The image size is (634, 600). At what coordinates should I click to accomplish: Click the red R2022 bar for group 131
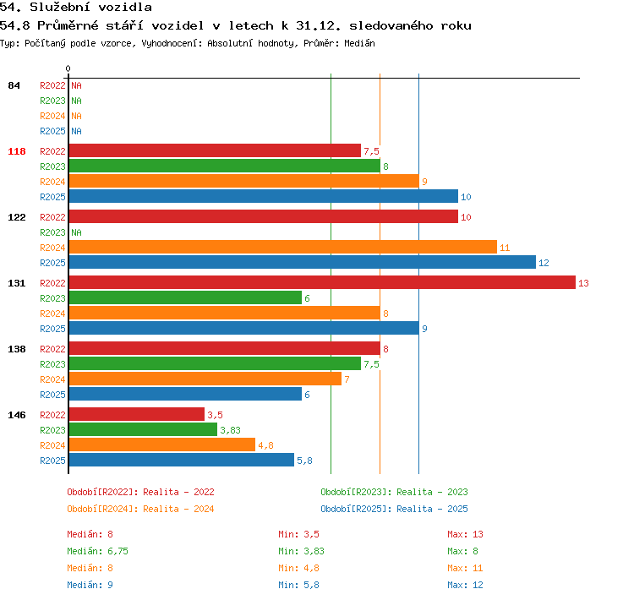tap(322, 282)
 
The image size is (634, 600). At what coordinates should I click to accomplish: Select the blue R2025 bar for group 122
tap(303, 262)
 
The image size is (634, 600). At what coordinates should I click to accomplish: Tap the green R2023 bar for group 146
tap(143, 429)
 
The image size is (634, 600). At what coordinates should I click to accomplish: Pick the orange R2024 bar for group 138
tap(205, 379)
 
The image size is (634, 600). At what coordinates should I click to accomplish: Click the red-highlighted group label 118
tap(17, 151)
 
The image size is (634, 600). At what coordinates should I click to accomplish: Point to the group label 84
tap(14, 85)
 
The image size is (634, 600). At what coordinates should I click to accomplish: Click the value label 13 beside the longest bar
tap(583, 283)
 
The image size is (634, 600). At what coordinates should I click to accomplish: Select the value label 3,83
tap(230, 430)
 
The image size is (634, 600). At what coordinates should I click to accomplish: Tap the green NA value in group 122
tap(76, 232)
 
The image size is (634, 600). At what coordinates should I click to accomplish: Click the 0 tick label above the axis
tap(68, 68)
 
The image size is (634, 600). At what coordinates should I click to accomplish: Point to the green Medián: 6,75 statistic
tap(97, 551)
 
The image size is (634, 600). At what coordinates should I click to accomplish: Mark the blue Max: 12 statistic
tap(465, 585)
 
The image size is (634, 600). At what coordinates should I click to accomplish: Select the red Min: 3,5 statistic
tap(298, 534)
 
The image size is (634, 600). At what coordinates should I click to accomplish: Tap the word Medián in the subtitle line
tap(359, 43)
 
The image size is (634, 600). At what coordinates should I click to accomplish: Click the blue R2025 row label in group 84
tap(52, 131)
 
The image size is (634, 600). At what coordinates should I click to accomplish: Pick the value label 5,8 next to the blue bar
tap(304, 461)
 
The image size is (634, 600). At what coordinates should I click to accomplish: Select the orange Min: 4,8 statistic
tap(298, 568)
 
